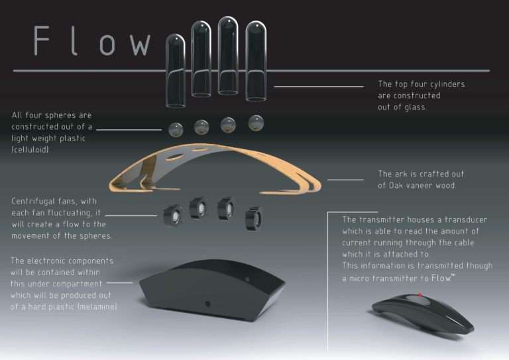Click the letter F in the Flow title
coord(41,40)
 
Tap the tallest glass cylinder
coord(228,56)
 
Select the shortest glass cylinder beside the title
coord(176,71)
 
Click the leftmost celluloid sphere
coord(176,129)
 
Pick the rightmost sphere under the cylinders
coord(256,123)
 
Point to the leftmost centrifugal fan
coord(172,215)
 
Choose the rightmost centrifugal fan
coord(254,219)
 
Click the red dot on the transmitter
coord(420,295)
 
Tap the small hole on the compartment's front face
coord(207,304)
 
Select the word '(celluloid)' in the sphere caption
coord(30,150)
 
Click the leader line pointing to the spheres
coord(129,130)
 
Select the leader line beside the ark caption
coord(345,180)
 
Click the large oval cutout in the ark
coord(175,158)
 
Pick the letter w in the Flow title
coord(140,44)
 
